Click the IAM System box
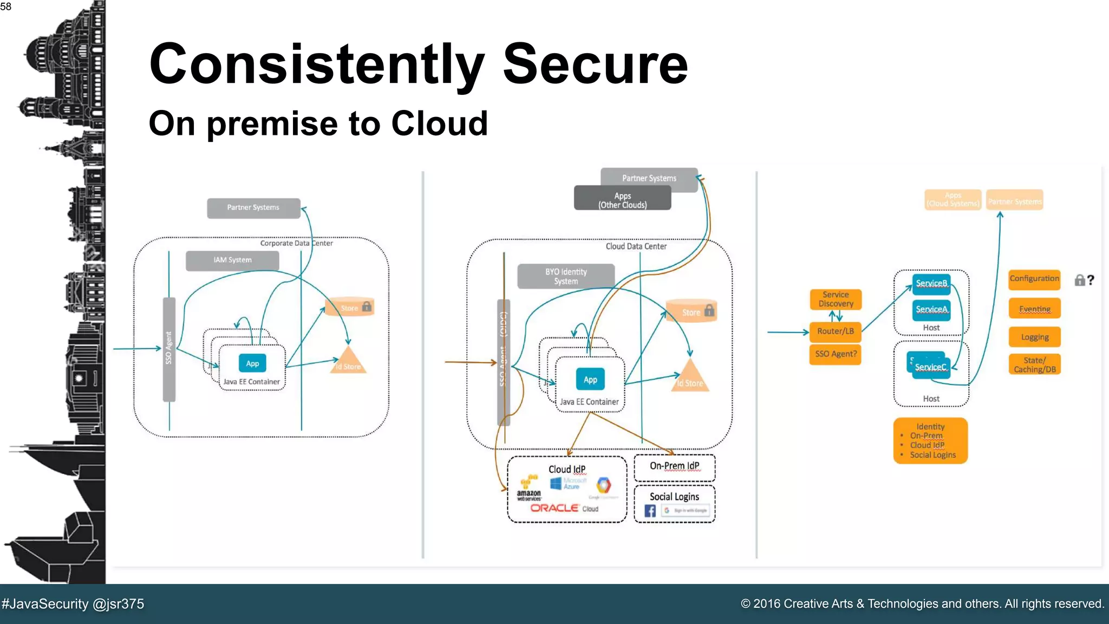[x=232, y=260]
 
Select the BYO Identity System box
[x=566, y=276]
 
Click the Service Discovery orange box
[x=836, y=299]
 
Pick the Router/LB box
[x=836, y=331]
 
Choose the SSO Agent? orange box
[x=836, y=354]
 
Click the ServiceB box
[x=931, y=283]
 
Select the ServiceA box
[x=931, y=309]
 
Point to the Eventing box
[x=1034, y=309]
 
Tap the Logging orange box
[x=1034, y=337]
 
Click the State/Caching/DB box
[x=1034, y=365]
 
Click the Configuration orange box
[x=1034, y=278]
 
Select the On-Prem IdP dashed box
[x=674, y=467]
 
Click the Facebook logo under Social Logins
[x=650, y=511]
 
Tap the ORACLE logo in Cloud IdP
[x=554, y=508]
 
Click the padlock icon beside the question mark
[x=1079, y=280]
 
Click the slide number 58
[x=6, y=6]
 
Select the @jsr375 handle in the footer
[x=118, y=604]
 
